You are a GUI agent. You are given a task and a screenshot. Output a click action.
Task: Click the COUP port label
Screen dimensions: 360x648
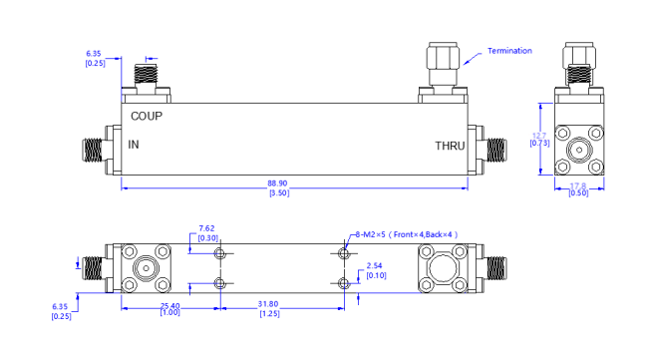click(147, 115)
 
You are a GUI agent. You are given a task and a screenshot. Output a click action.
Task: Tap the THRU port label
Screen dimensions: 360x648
click(450, 147)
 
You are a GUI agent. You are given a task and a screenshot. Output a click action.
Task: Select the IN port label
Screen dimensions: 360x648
click(135, 146)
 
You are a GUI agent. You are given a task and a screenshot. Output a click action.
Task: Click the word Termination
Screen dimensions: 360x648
click(509, 51)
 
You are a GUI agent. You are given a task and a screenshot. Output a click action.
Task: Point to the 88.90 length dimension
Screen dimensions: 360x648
click(292, 183)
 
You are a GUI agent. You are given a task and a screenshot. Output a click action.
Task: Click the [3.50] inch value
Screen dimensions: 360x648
click(292, 193)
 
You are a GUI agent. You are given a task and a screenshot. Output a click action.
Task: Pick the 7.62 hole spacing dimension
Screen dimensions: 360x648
click(208, 227)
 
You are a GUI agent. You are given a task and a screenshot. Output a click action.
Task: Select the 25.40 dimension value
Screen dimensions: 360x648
click(168, 304)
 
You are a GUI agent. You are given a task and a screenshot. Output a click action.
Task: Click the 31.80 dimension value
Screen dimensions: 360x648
click(269, 304)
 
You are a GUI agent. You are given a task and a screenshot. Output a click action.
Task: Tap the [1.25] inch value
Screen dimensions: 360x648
click(269, 314)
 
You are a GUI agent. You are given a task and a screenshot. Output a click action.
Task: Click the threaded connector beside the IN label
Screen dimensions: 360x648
click(93, 150)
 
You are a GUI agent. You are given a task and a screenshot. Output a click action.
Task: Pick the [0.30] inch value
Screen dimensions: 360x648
click(208, 237)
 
